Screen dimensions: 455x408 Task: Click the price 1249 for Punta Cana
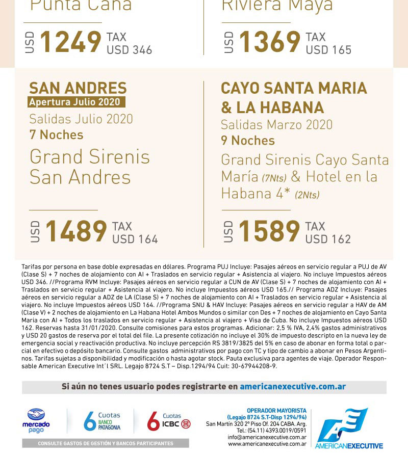pos(70,42)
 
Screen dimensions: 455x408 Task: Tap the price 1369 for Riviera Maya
pos(269,42)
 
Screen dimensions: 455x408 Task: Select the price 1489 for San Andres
pos(76,231)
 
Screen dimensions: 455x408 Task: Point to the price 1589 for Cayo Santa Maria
pos(269,231)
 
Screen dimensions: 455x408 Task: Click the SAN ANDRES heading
pos(78,88)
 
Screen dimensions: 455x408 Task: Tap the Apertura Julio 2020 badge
pos(76,102)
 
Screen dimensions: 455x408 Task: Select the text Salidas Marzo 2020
pos(276,125)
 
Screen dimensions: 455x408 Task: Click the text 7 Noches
pos(56,135)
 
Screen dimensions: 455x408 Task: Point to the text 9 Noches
pos(248,141)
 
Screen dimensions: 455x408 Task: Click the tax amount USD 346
pos(129,50)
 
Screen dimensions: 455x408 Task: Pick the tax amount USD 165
pos(328,50)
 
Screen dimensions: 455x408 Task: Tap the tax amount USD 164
pos(135,239)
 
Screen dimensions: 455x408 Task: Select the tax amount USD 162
pos(328,239)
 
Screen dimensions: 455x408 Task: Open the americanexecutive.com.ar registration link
pos(293,387)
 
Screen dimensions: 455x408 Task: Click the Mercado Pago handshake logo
pos(36,415)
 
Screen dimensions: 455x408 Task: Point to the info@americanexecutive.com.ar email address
pos(267,437)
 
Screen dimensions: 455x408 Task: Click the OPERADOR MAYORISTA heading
pos(276,411)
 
